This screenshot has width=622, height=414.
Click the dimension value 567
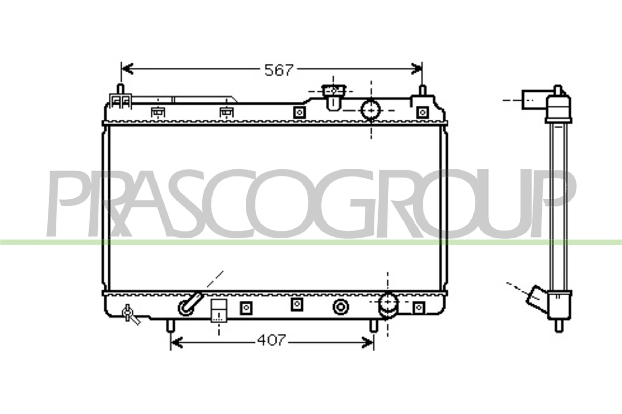point(279,70)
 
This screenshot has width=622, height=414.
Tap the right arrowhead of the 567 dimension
point(416,69)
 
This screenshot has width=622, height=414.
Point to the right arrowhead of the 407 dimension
point(368,342)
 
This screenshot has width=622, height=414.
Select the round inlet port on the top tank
point(371,110)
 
